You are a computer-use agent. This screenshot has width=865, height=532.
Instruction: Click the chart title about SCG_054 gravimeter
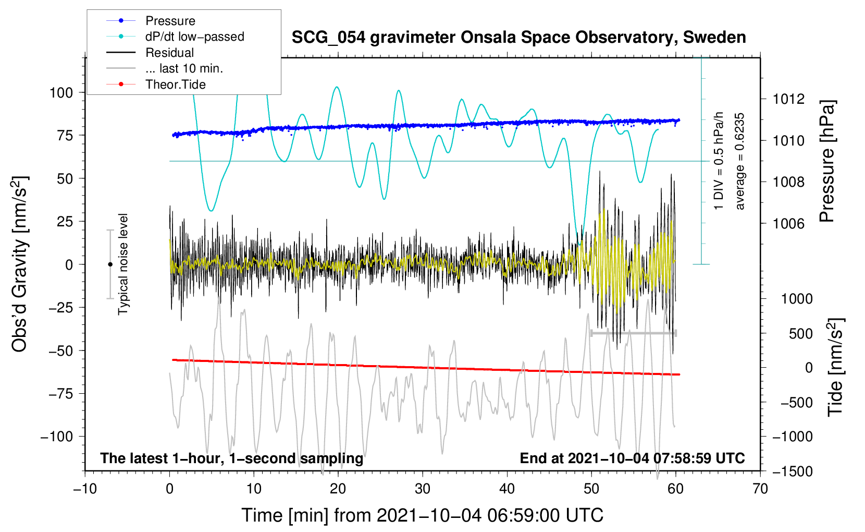click(x=518, y=38)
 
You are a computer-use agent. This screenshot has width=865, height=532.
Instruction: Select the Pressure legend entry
click(x=170, y=21)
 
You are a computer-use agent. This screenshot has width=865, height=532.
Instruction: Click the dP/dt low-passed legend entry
click(x=194, y=37)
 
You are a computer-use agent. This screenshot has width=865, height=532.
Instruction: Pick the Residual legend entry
click(x=169, y=53)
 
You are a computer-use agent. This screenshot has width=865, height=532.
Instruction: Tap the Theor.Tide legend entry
click(x=175, y=84)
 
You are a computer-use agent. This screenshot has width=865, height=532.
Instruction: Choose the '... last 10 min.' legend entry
click(x=184, y=68)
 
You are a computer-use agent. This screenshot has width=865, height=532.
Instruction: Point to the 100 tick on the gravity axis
click(x=60, y=93)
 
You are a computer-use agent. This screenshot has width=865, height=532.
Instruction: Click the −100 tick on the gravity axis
click(x=57, y=437)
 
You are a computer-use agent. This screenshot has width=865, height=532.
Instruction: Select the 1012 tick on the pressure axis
click(x=788, y=99)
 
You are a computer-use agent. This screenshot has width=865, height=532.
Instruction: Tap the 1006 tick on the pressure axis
click(x=788, y=224)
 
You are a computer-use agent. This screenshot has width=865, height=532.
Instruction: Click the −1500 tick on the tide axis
click(x=794, y=471)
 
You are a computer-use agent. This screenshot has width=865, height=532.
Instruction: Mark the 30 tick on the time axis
click(x=423, y=489)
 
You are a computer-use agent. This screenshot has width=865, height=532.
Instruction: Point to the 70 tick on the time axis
click(x=760, y=489)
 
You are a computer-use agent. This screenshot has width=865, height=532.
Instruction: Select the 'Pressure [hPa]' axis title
click(x=827, y=162)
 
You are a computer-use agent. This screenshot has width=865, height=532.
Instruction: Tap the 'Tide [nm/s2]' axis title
click(x=835, y=368)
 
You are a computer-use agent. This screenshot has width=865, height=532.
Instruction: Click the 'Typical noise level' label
click(x=123, y=264)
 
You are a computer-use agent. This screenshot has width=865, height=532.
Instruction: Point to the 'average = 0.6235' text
click(x=740, y=162)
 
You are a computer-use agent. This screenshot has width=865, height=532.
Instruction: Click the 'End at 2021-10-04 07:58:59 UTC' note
click(x=632, y=458)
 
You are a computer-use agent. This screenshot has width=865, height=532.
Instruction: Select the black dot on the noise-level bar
click(x=110, y=264)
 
